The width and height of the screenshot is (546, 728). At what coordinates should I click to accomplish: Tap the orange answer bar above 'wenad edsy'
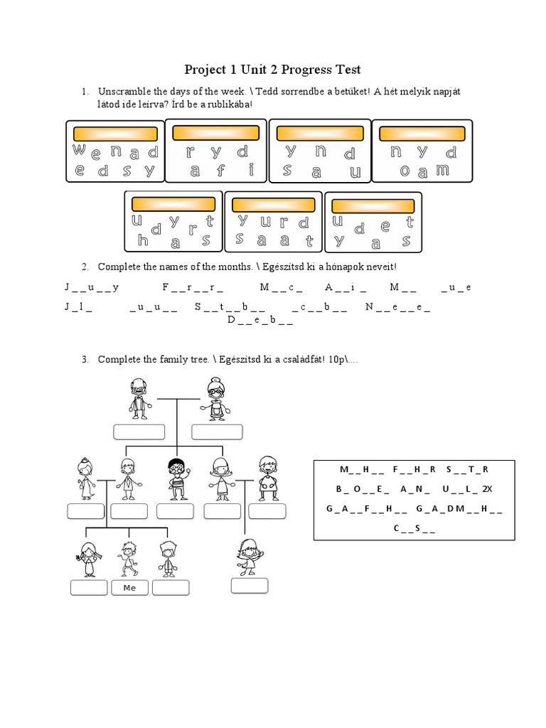coord(115,134)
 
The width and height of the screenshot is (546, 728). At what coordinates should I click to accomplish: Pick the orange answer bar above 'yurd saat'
coord(273,205)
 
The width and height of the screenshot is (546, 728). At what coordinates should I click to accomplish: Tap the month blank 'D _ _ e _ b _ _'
coord(259,320)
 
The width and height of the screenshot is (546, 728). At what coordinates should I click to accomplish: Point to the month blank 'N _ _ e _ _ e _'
coord(397,307)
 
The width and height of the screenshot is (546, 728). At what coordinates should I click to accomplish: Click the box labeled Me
coord(129,588)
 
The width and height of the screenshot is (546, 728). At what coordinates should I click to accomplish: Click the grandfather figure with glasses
coord(139,398)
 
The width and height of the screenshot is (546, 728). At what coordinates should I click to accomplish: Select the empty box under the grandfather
coord(139,432)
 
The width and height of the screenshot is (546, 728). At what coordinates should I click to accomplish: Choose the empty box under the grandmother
coord(217,432)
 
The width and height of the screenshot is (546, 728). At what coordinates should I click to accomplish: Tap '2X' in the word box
coord(486,489)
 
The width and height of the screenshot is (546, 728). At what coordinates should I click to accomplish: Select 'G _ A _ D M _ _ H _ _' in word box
coord(459,509)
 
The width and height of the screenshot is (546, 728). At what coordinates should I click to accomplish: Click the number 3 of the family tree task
coord(84,360)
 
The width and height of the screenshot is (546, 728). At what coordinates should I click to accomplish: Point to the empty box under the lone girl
coord(250,585)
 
